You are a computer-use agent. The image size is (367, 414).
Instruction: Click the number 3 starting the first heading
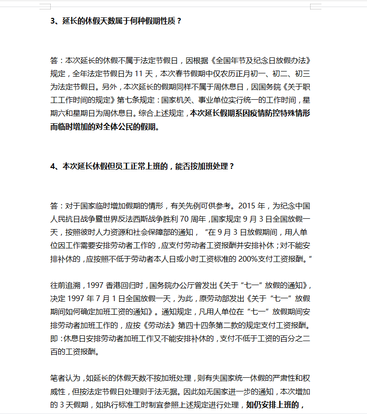[53, 21]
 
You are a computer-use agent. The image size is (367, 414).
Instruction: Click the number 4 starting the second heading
[53, 167]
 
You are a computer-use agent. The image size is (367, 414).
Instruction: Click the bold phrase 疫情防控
[257, 113]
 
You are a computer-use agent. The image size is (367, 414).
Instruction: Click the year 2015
[248, 206]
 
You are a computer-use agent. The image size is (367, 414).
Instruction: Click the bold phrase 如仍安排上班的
[273, 404]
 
